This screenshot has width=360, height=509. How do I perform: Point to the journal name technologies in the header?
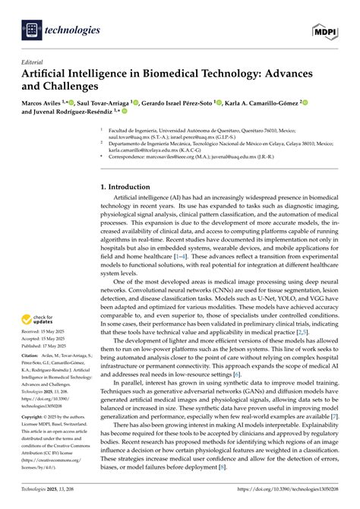[74, 30]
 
